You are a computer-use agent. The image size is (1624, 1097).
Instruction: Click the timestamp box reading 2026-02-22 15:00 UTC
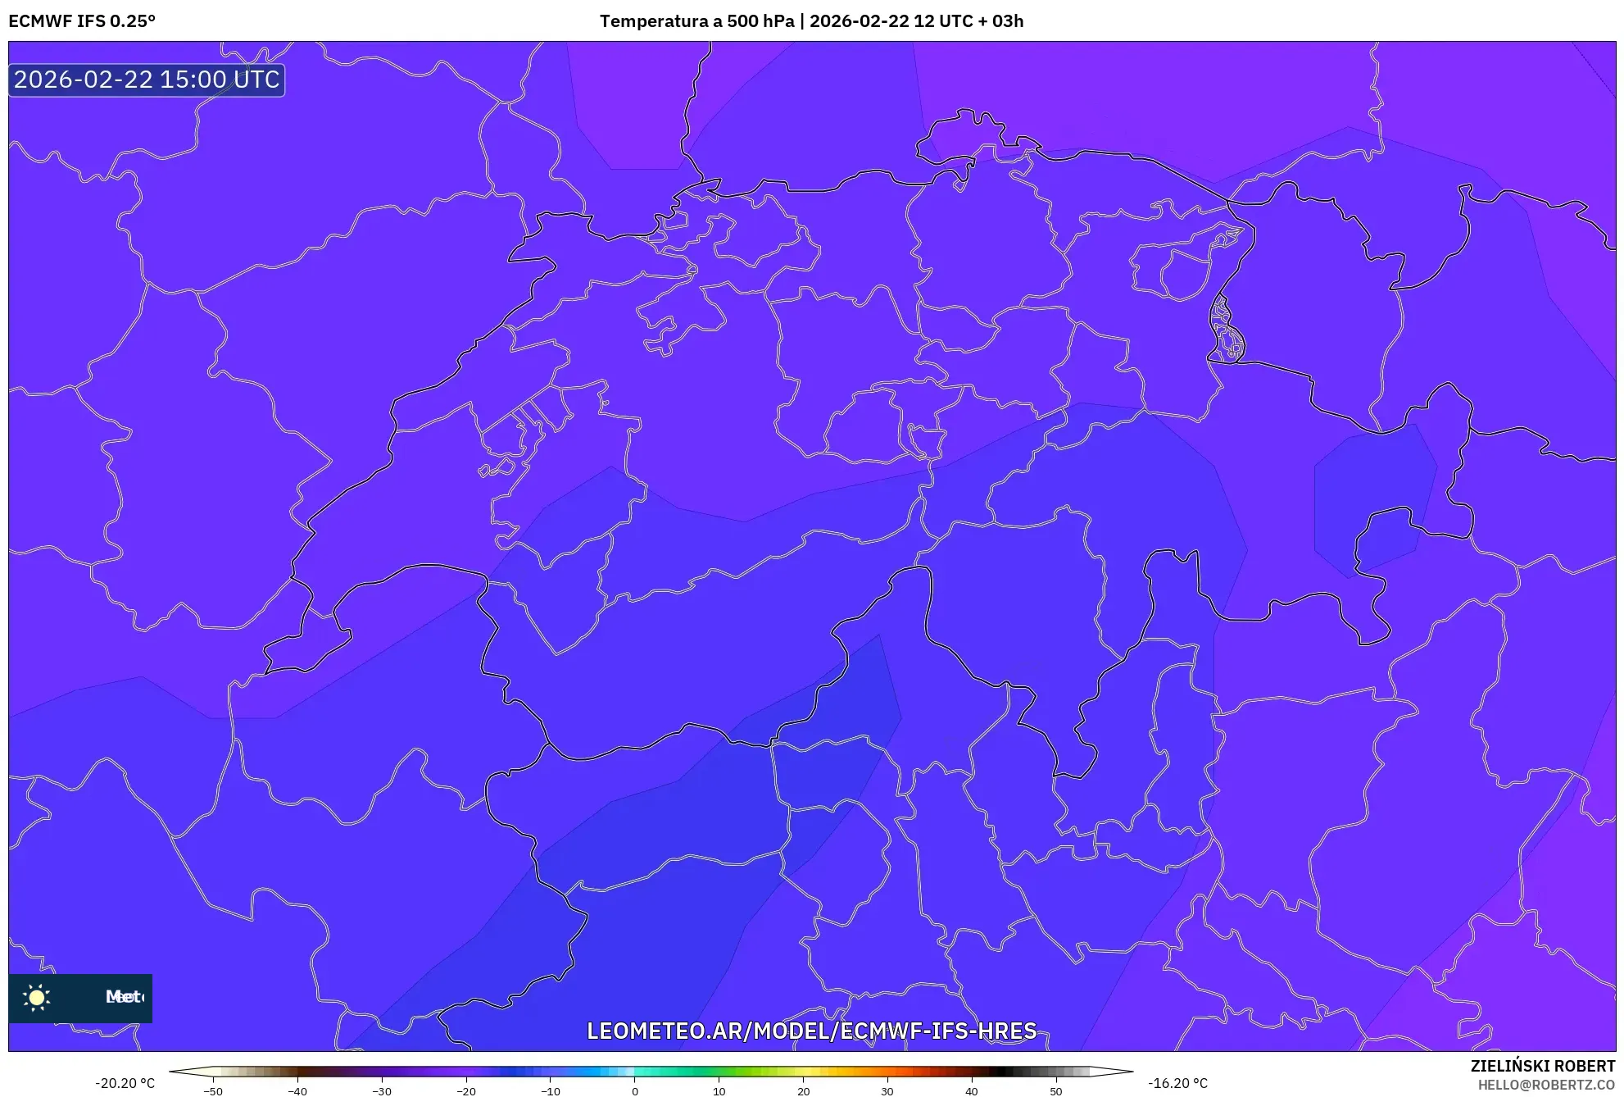(147, 80)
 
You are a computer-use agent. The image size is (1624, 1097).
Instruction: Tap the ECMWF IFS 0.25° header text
(82, 21)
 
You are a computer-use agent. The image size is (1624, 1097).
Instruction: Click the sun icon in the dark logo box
(37, 997)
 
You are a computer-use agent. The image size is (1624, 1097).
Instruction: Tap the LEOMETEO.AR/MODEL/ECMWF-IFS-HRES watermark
(811, 1031)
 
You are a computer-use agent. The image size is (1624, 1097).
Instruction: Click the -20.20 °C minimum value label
(125, 1083)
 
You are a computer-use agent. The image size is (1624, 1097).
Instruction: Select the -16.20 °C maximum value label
(1177, 1083)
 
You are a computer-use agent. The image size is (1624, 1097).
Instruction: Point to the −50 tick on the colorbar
(213, 1091)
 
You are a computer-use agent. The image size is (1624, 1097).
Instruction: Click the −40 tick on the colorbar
(297, 1091)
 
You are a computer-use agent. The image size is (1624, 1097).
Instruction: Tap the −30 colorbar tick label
(382, 1091)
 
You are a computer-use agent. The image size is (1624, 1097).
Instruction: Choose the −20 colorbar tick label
(466, 1091)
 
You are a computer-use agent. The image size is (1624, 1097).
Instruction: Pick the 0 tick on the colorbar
(635, 1091)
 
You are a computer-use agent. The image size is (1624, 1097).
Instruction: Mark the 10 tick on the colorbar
(719, 1091)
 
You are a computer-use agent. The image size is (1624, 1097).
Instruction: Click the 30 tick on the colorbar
(887, 1091)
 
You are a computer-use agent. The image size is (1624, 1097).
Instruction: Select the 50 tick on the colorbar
(1056, 1091)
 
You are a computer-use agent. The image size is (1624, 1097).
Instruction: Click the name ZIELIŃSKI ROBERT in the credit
(1543, 1066)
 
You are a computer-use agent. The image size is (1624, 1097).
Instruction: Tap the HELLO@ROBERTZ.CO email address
(1546, 1085)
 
